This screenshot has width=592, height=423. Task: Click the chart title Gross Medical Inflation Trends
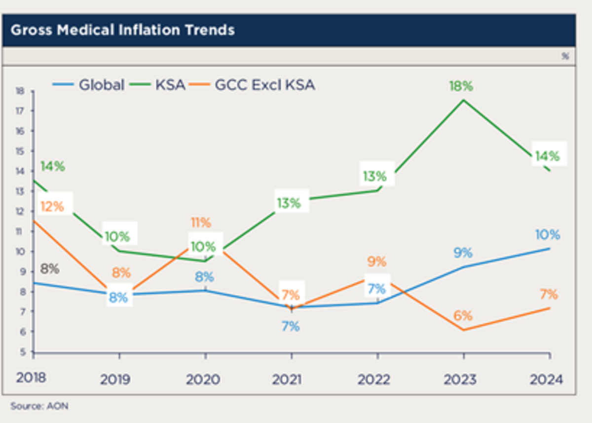122,30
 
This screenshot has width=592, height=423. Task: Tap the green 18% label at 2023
461,86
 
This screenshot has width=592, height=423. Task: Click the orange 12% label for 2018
52,206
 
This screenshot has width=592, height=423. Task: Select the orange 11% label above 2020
201,223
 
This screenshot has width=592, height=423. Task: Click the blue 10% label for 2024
548,234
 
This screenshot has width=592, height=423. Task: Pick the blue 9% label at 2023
463,253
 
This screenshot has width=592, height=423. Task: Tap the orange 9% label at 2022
377,262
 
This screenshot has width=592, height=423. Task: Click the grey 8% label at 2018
49,269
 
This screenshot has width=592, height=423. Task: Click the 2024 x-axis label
546,379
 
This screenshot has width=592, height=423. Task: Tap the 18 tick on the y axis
20,91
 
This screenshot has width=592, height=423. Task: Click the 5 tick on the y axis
22,352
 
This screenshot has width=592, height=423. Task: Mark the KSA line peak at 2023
463,100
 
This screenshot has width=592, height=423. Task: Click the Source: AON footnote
39,406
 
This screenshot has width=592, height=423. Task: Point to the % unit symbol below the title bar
565,56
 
